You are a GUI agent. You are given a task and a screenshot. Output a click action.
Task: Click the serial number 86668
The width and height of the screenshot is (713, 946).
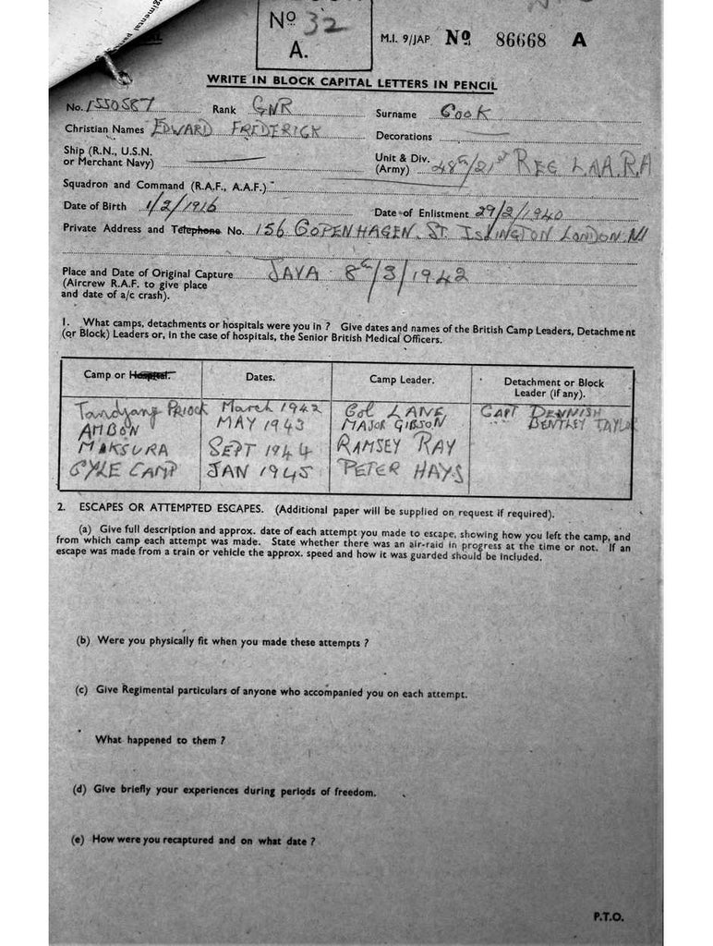click(x=521, y=40)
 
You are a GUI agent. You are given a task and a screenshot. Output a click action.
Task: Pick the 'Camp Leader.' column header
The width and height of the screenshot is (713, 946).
click(x=401, y=379)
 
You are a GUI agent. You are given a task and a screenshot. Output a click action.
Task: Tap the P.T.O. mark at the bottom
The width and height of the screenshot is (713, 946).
click(x=609, y=916)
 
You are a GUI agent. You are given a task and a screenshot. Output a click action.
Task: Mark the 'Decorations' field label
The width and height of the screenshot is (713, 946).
click(x=404, y=136)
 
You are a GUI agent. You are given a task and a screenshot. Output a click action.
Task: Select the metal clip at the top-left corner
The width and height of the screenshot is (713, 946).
click(x=113, y=67)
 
